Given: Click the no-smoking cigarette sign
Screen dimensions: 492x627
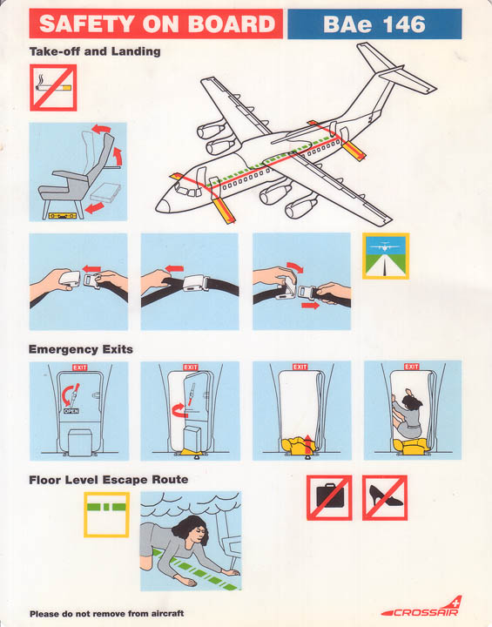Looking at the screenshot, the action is tap(53, 88).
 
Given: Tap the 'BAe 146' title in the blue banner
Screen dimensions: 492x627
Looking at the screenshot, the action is tap(374, 24).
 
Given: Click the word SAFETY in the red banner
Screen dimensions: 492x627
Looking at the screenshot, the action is tap(87, 24).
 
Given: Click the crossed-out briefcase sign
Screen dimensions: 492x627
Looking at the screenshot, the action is tap(329, 497).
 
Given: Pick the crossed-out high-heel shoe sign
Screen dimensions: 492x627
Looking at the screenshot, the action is tap(385, 497).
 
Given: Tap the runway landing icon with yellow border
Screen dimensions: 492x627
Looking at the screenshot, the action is tap(386, 256).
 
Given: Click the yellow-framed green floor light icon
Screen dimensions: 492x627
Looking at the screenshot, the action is tap(106, 515).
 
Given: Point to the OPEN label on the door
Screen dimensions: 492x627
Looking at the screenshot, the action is tap(71, 411).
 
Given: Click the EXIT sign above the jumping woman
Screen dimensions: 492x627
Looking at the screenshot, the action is tap(411, 367).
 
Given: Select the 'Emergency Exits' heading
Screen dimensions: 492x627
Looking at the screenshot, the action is tap(81, 349).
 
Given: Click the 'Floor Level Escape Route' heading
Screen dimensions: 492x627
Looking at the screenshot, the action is tap(108, 480).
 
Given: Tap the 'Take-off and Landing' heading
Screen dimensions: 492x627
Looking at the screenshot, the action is tap(95, 51).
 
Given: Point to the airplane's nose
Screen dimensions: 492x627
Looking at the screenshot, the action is tap(162, 206).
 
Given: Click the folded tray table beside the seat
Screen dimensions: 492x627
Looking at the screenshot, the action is tap(105, 192).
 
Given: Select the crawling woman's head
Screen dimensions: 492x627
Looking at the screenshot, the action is tap(192, 530).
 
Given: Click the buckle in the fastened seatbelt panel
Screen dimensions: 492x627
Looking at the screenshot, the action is tap(193, 283).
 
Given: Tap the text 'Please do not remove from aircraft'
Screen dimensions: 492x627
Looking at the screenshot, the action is tap(107, 613).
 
